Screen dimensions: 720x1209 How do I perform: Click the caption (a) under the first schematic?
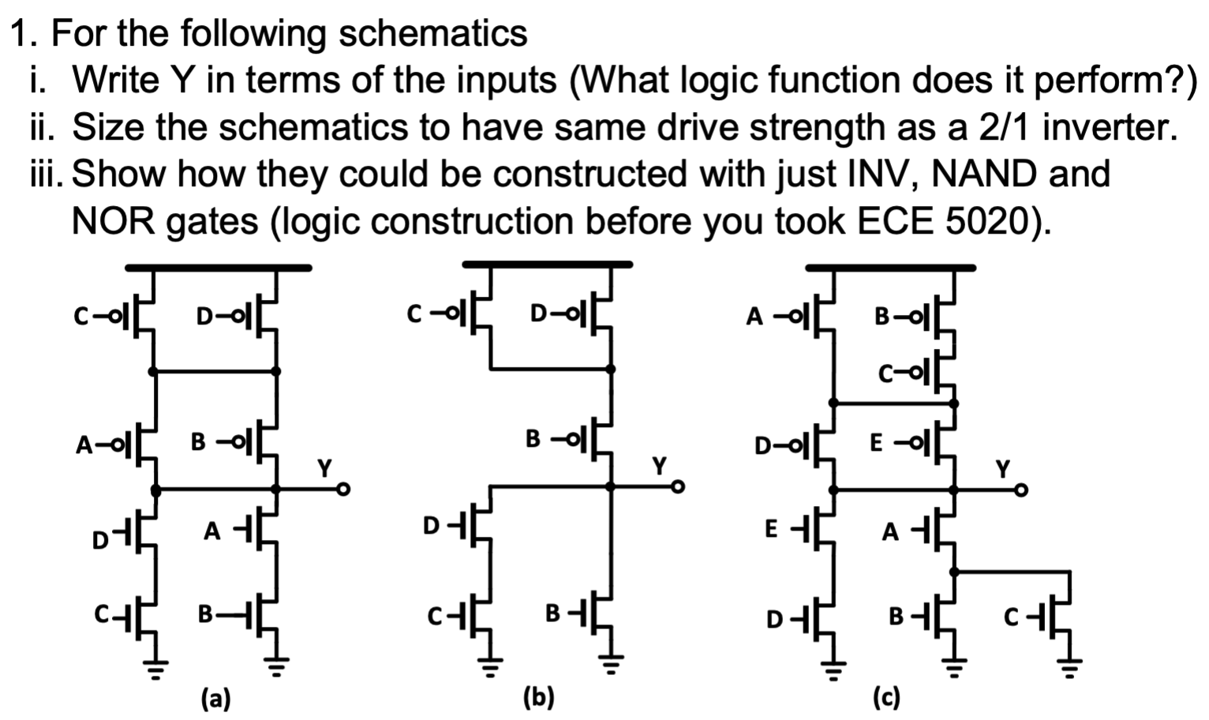pyautogui.click(x=215, y=698)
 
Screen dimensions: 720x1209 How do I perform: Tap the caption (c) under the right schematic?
pyautogui.click(x=886, y=698)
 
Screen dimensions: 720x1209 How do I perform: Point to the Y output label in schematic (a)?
pyautogui.click(x=324, y=468)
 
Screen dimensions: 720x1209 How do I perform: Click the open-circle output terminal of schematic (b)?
pyautogui.click(x=677, y=489)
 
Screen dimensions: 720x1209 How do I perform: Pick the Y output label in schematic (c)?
pyautogui.click(x=1002, y=470)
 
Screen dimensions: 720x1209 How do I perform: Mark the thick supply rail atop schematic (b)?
pyautogui.click(x=547, y=264)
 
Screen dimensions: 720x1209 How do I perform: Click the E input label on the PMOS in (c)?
pyautogui.click(x=876, y=444)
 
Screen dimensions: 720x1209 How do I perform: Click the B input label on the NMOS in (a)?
pyautogui.click(x=205, y=613)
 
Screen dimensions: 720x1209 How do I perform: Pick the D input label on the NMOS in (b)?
pyautogui.click(x=431, y=525)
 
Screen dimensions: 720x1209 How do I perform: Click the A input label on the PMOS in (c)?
pyautogui.click(x=755, y=317)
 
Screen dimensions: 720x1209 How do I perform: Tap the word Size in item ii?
pyautogui.click(x=110, y=127)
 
